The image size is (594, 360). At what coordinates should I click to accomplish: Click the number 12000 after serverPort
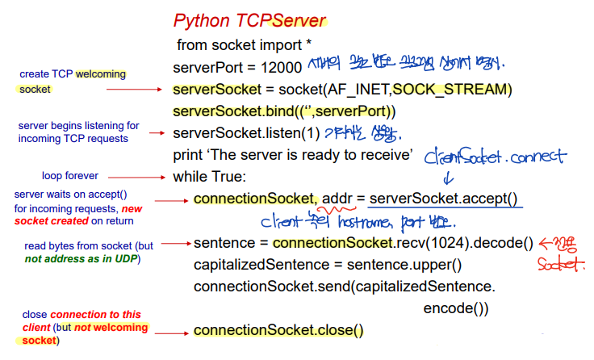tap(282, 67)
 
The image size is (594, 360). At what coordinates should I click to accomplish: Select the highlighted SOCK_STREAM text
tap(455, 88)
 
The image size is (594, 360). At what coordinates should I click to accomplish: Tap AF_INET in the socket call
tap(334, 88)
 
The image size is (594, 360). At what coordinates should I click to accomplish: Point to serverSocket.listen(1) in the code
tap(246, 132)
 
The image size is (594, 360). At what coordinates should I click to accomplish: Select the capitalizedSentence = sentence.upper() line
tap(327, 265)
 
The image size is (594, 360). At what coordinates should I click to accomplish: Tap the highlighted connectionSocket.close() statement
tap(278, 330)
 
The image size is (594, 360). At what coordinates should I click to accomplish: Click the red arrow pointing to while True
tap(137, 176)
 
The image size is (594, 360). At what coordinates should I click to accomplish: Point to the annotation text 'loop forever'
tap(69, 175)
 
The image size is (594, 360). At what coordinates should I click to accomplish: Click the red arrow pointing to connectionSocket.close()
tap(171, 331)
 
